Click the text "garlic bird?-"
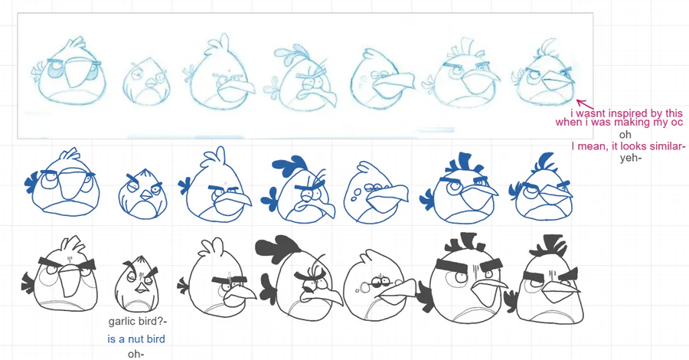[x=138, y=321]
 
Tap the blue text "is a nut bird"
[x=136, y=339]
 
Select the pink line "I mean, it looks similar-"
[x=629, y=146]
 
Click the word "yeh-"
[x=631, y=159]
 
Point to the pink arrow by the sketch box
[x=585, y=105]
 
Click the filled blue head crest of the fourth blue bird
[x=289, y=165]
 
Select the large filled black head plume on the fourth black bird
[x=277, y=247]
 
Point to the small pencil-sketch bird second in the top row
[x=146, y=81]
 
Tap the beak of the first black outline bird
[x=68, y=280]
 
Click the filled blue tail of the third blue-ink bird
[x=184, y=185]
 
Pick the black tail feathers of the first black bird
[x=28, y=283]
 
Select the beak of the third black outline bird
[x=240, y=295]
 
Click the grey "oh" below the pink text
[x=625, y=134]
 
